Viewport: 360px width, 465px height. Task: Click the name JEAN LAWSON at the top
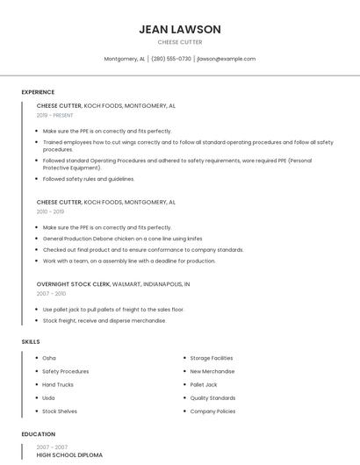(179, 29)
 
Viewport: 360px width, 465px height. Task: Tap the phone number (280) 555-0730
(170, 59)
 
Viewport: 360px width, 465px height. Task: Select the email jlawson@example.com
(226, 59)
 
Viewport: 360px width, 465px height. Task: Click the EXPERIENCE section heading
(38, 92)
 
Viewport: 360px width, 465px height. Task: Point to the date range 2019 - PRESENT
(55, 115)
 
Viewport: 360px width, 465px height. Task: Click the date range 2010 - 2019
(50, 211)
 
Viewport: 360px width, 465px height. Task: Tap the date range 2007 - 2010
(51, 294)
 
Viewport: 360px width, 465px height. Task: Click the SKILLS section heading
(30, 341)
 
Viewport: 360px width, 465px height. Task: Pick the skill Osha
(49, 358)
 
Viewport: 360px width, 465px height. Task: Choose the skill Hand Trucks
(58, 384)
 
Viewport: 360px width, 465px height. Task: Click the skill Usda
(49, 397)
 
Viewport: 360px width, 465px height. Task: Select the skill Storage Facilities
(212, 358)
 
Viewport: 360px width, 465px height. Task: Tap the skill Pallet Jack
(204, 384)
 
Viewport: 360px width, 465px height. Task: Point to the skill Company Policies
(212, 411)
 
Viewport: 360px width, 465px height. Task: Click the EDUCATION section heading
(38, 434)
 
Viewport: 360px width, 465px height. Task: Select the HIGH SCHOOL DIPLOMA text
(69, 455)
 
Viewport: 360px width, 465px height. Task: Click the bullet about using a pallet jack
(113, 310)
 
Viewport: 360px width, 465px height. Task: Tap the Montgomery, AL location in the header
(124, 59)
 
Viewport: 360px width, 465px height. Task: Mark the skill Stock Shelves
(60, 411)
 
